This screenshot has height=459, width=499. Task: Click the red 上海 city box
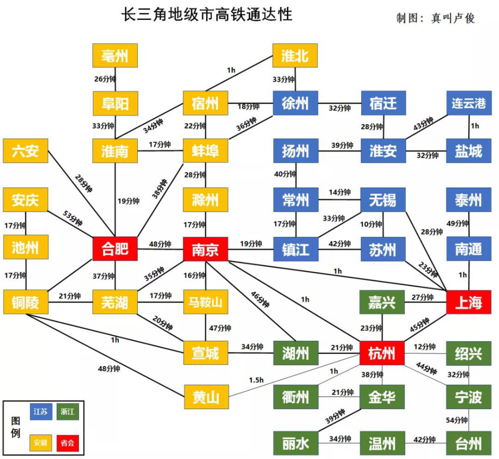coord(469,302)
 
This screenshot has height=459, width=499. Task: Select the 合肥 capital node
coord(115,249)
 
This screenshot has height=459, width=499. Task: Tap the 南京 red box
coord(205,249)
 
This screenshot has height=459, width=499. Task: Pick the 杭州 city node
coord(382,353)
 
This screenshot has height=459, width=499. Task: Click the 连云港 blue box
coord(469,103)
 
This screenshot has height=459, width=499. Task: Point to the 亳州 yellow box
coord(115,56)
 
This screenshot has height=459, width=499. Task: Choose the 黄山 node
coord(206,397)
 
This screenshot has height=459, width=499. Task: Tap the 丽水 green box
coord(295,443)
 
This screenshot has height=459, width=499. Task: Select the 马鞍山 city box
coord(205,302)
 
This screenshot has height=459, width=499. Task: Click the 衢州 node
coord(295,397)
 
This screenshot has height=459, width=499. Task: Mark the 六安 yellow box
coord(25,151)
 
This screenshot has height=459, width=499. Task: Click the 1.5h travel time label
coord(256,380)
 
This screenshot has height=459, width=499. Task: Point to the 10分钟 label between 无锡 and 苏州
coord(371,224)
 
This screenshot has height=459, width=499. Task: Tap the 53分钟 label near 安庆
coord(72,218)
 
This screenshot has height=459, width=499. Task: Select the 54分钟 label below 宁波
coord(457,420)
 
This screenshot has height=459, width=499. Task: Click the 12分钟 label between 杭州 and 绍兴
coord(425,346)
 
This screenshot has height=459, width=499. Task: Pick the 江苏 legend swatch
coord(41,412)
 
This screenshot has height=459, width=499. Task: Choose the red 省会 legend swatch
coord(67,443)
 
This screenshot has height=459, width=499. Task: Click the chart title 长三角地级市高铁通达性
coord(207,14)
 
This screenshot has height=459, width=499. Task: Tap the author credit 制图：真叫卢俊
coord(436,18)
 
